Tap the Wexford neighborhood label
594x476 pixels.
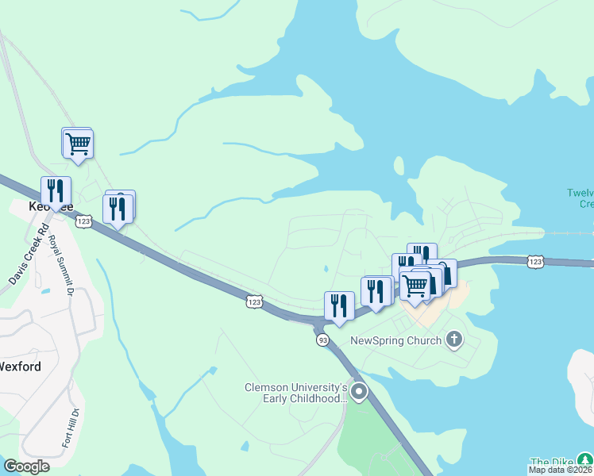tap(20, 367)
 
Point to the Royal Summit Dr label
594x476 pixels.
tap(60, 266)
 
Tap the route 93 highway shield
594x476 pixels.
tap(322, 340)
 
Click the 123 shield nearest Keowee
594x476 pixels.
tap(84, 222)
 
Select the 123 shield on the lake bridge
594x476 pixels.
tap(535, 260)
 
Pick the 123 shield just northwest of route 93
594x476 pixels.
tap(254, 301)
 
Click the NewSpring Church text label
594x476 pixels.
tap(396, 341)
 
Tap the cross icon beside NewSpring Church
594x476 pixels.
tap(454, 341)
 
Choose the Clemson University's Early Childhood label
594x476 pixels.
tap(295, 393)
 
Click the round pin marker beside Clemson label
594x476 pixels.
tap(360, 391)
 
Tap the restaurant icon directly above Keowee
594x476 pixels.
tap(56, 190)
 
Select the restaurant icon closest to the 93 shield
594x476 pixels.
tap(339, 305)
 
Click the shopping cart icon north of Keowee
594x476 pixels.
tap(78, 144)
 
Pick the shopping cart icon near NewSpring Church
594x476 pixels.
tap(415, 284)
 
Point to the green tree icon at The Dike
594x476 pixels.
tap(584, 460)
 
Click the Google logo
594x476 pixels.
tap(26, 466)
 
